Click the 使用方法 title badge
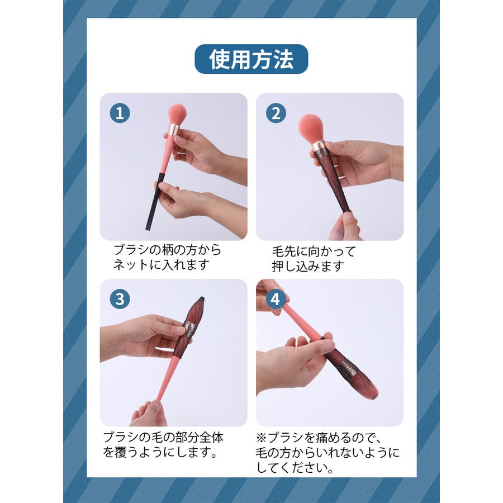(x=251, y=59)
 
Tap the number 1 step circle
(x=120, y=113)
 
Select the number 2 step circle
(x=276, y=113)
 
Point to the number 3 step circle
(x=120, y=299)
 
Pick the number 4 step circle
(x=276, y=299)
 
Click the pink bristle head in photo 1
(x=177, y=114)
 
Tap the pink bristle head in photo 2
(x=311, y=129)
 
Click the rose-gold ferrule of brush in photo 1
(x=174, y=129)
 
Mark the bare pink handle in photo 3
(x=168, y=378)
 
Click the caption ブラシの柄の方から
(x=167, y=250)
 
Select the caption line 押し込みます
(x=308, y=266)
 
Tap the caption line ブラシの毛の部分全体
(x=163, y=437)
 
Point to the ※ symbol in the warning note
(x=262, y=437)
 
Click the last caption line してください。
(x=295, y=468)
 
